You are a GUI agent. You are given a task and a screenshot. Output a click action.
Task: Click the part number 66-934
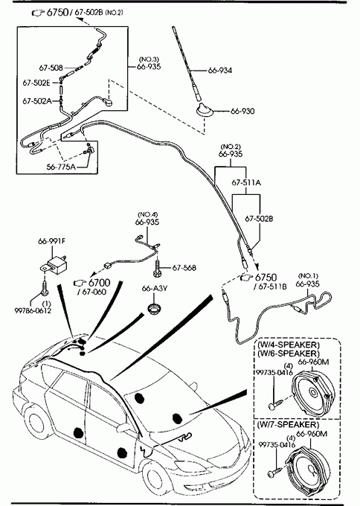point(220,71)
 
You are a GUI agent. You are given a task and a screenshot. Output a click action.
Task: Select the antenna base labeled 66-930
point(204,110)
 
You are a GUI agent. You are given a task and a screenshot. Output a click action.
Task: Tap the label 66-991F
point(51,241)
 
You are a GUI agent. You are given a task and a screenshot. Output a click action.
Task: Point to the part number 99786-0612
point(33,311)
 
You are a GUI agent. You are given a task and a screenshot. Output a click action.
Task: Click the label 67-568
point(184,268)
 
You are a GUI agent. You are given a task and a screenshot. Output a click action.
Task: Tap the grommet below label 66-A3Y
point(155,307)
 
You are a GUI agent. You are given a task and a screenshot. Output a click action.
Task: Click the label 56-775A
point(61,167)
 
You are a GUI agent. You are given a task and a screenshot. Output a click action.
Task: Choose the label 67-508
point(51,68)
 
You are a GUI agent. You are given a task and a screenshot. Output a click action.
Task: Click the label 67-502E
point(36,83)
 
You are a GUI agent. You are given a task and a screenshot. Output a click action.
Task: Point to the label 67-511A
point(246,182)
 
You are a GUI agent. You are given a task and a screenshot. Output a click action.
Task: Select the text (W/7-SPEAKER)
point(287,425)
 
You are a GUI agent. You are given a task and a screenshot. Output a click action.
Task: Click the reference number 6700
point(100,283)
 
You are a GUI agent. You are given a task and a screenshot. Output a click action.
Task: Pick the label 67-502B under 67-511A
point(259,219)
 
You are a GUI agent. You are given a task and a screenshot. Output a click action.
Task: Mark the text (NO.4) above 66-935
point(148,214)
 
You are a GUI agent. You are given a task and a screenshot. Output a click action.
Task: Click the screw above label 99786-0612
point(44,286)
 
